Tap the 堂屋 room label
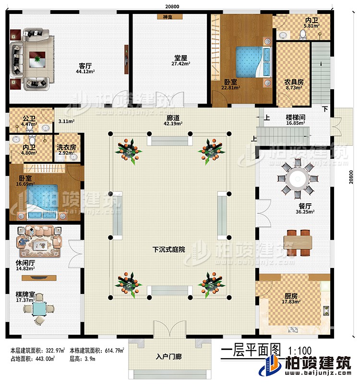coord(181,57)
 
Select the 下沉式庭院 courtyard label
coord(168,249)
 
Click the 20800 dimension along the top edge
coord(168,5)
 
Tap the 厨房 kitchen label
coord(291,295)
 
